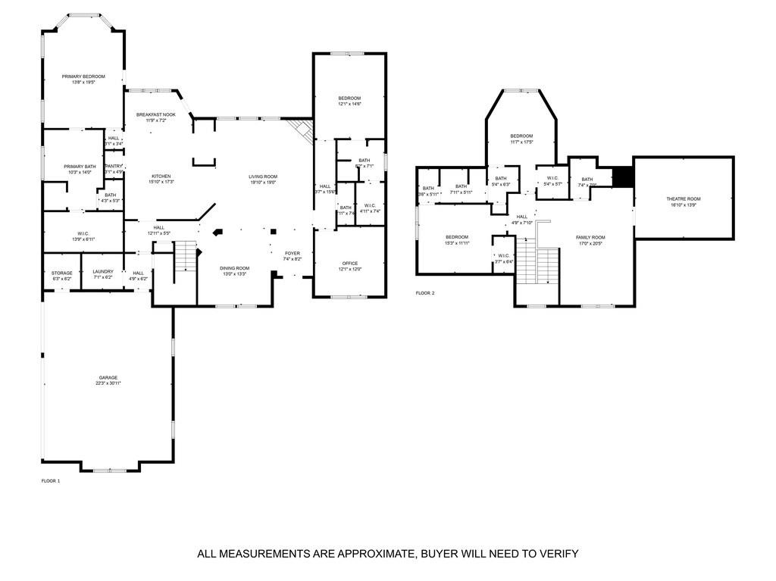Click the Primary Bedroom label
[83, 77]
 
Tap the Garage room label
[108, 377]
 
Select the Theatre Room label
[683, 198]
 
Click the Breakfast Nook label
[155, 114]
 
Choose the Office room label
[349, 263]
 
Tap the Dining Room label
[234, 267]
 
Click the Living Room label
[263, 176]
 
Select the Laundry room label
[102, 272]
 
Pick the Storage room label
[62, 272]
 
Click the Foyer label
[293, 253]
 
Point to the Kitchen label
[161, 176]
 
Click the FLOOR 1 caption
[50, 480]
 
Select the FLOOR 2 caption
[425, 292]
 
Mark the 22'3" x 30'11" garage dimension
[108, 383]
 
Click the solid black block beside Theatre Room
[622, 176]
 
